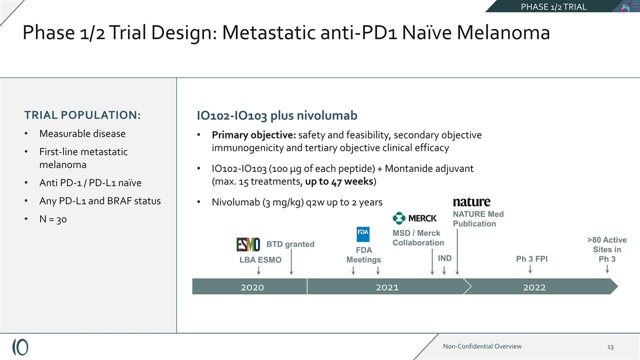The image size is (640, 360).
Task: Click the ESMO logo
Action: [248, 244]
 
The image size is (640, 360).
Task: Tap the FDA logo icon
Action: [363, 234]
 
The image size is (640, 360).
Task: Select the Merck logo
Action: [414, 218]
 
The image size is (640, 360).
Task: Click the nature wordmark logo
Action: [471, 202]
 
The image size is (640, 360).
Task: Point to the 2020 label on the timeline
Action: [252, 287]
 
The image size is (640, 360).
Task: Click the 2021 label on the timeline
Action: [387, 287]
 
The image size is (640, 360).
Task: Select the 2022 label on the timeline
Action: [534, 287]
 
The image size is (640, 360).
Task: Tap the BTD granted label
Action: [290, 244]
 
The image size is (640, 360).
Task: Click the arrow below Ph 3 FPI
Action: [530, 269]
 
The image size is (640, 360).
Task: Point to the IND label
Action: [444, 258]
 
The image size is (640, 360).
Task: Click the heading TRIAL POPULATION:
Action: [82, 115]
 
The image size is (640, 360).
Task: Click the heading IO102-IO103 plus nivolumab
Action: [277, 116]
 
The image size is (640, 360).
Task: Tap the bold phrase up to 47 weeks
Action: [339, 181]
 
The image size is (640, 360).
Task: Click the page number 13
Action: [610, 346]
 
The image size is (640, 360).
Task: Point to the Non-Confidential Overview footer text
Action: [482, 346]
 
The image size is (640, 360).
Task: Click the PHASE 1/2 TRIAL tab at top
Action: [553, 6]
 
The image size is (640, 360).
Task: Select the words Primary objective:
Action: [254, 135]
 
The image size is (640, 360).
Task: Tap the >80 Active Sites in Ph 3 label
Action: [607, 249]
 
